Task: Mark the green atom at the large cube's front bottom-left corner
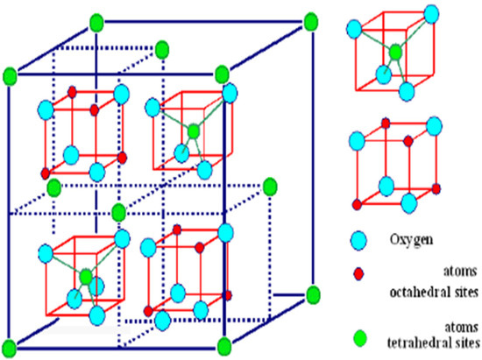(11, 343)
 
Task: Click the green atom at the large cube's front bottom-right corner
(223, 343)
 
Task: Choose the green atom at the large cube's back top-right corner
(310, 19)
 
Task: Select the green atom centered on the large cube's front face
(118, 211)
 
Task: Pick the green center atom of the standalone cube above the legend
(395, 53)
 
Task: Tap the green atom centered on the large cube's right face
(269, 185)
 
